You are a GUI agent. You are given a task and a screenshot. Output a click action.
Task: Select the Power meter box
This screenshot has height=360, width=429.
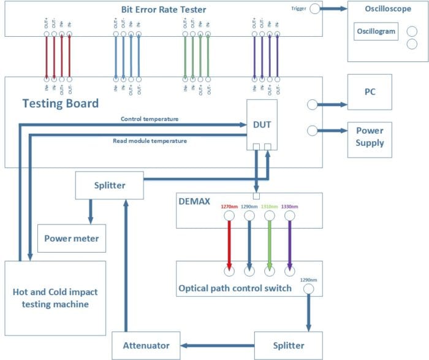pos(71,239)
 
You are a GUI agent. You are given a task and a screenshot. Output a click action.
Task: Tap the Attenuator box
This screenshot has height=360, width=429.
pos(146,345)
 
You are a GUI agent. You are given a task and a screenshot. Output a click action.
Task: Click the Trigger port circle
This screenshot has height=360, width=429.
pos(315,9)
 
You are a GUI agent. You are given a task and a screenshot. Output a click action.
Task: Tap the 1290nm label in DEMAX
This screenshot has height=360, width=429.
pos(249,207)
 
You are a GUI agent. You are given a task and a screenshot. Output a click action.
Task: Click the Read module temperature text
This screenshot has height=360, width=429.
pos(149,140)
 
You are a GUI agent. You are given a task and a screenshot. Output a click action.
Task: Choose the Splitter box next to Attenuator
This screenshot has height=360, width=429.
pos(287,345)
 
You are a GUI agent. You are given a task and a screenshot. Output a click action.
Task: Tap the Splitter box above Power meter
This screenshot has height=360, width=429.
pos(108,185)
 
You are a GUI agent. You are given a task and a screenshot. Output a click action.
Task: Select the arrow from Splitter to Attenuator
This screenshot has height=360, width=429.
pos(217,345)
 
